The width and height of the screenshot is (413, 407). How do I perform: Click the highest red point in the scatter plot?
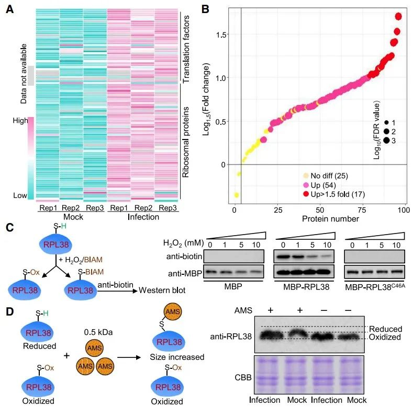[399, 17]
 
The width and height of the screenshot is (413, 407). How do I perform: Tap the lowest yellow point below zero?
[236, 195]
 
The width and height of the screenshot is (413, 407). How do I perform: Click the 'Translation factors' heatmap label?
[186, 48]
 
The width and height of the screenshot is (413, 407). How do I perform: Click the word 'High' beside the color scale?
[20, 121]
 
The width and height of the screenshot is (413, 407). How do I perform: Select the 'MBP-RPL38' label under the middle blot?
[305, 287]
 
